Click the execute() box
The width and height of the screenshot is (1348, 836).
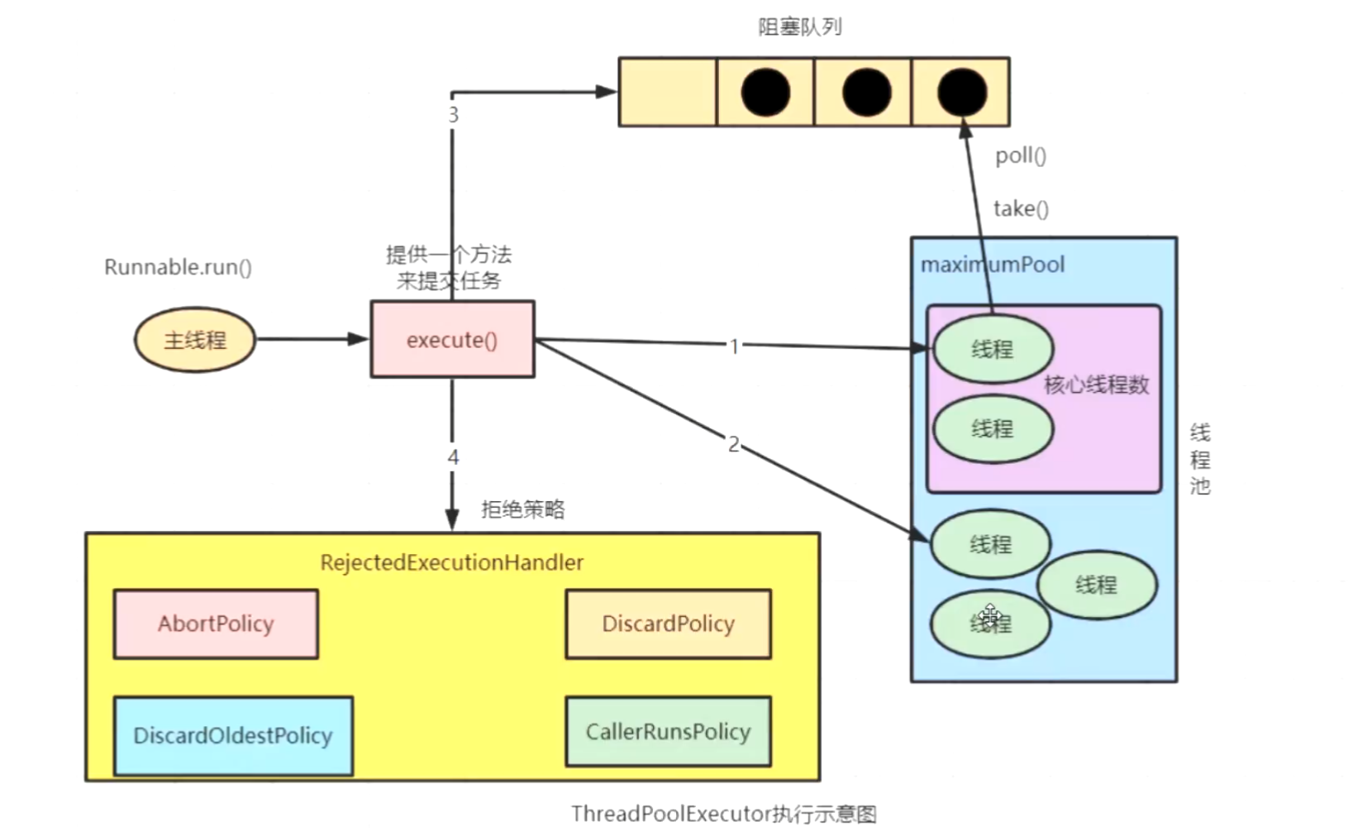pos(453,339)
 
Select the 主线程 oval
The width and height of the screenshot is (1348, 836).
pos(195,340)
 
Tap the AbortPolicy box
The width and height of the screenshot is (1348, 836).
pos(216,624)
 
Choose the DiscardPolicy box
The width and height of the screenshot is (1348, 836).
pos(668,624)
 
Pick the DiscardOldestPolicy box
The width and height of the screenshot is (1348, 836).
pos(234,736)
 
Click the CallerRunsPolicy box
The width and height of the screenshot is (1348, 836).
pos(668,732)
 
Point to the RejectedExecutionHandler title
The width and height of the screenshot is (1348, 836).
pos(452,562)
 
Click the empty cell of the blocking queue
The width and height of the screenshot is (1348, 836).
pos(668,92)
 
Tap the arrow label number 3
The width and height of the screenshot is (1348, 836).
pos(453,114)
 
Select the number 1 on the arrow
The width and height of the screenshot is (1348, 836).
pos(734,346)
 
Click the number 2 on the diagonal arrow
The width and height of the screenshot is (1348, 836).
pos(734,445)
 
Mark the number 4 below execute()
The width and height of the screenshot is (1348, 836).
pos(453,458)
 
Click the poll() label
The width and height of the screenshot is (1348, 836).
pos(1021,156)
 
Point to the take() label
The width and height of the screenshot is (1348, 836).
pos(1021,209)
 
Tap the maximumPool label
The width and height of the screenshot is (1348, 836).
pos(993,265)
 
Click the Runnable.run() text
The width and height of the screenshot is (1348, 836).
pos(179,267)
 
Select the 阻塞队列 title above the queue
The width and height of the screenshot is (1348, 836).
pos(800,27)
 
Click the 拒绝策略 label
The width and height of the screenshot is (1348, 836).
pos(523,509)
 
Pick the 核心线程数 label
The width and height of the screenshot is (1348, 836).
pos(1097,385)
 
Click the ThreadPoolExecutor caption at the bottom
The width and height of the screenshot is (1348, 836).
pos(723,815)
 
